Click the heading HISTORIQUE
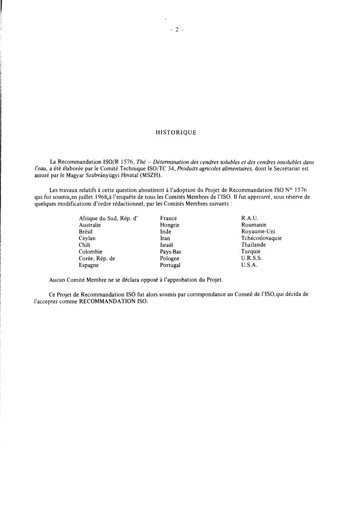pyautogui.click(x=176, y=133)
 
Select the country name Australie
pyautogui.click(x=90, y=225)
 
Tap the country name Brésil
pyautogui.click(x=86, y=231)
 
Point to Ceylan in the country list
pyautogui.click(x=87, y=238)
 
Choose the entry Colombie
pyautogui.click(x=90, y=252)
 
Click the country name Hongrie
pyautogui.click(x=170, y=225)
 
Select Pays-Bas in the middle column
pyautogui.click(x=170, y=252)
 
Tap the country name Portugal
pyautogui.click(x=170, y=265)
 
